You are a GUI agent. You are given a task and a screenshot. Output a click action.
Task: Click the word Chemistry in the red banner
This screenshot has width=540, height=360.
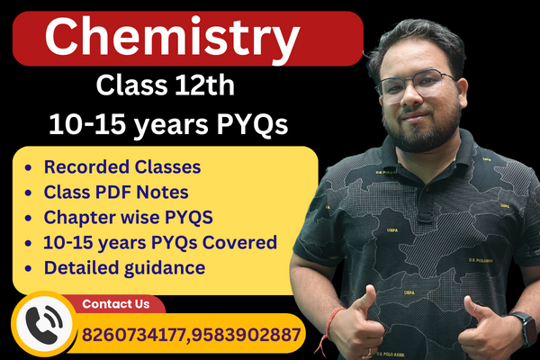172,39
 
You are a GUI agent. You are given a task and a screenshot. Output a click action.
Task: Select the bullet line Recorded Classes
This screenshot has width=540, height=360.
121,167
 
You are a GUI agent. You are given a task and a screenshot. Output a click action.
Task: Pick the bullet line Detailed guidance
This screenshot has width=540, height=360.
124,268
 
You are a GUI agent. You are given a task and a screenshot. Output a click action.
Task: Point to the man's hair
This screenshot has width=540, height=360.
414,40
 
